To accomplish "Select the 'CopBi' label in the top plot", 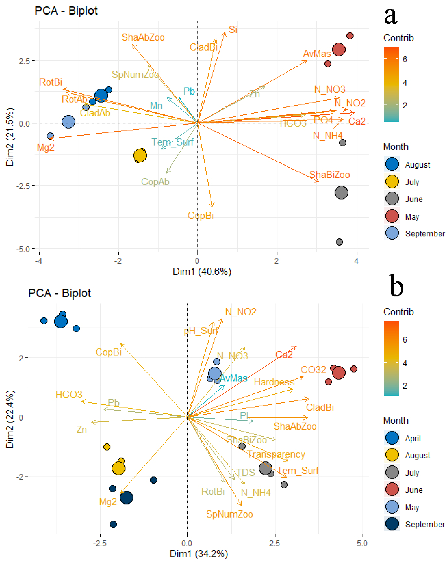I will point(201,216).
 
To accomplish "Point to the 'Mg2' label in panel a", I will point(46,147).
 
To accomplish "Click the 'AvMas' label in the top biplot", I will point(317,54).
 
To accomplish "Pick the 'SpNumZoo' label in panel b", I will point(229,514).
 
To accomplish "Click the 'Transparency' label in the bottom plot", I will point(276,454).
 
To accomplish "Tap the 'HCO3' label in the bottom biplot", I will point(69,394).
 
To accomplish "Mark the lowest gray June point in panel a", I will point(339,242).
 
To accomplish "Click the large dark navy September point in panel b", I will point(126,498).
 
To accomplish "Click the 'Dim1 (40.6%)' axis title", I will point(202,272).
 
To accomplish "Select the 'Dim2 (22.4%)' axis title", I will point(10,419).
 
